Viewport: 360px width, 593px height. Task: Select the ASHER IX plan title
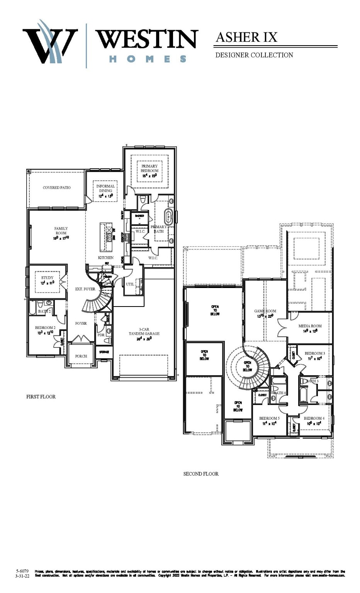click(246, 37)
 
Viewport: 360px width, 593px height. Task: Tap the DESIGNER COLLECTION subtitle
click(254, 55)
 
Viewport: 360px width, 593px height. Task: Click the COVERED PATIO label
click(57, 188)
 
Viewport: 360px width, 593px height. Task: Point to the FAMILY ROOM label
click(61, 231)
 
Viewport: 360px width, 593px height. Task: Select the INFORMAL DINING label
click(105, 188)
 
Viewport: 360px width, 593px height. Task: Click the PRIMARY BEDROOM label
click(149, 168)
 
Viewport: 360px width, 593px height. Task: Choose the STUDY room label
click(48, 278)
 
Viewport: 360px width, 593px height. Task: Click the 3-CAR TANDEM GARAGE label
click(144, 332)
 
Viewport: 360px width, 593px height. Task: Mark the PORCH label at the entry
click(81, 356)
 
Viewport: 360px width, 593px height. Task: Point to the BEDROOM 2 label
click(45, 328)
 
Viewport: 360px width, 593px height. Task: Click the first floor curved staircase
click(97, 301)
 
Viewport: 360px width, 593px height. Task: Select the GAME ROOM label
click(265, 311)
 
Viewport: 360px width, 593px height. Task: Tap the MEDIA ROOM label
click(310, 326)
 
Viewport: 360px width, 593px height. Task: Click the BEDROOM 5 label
click(269, 418)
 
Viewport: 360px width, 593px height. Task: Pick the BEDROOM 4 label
click(314, 418)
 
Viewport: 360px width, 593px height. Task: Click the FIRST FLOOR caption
click(41, 396)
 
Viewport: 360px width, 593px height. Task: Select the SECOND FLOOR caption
click(201, 474)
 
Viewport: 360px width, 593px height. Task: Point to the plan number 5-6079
click(22, 571)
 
